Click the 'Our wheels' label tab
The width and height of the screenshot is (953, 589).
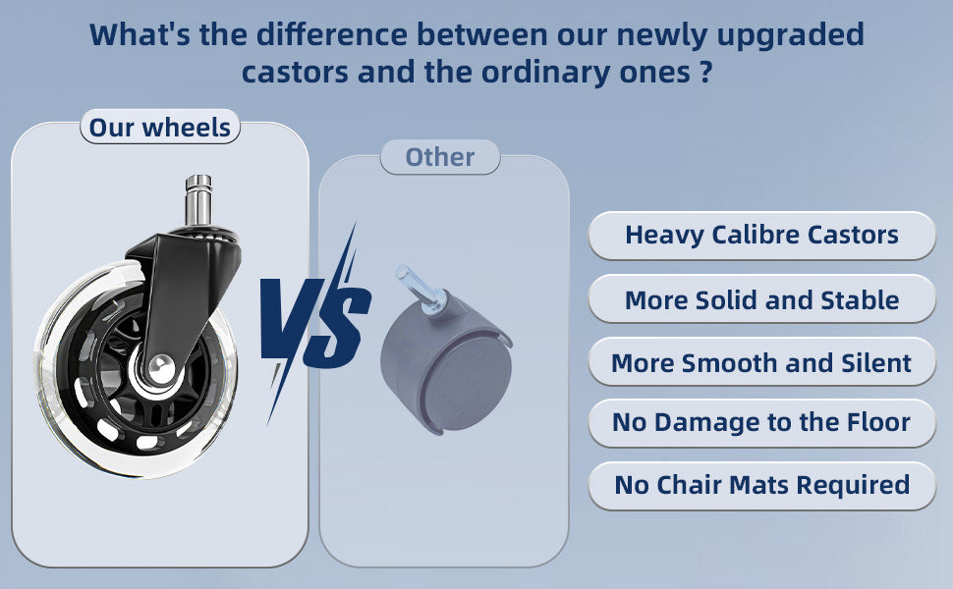pyautogui.click(x=160, y=127)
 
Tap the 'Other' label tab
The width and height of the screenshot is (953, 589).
pyautogui.click(x=440, y=157)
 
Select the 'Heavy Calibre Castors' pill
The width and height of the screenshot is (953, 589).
pyautogui.click(x=761, y=236)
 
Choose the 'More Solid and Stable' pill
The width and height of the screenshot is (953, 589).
pyautogui.click(x=761, y=298)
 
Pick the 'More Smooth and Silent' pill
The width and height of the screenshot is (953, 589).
pyautogui.click(x=761, y=362)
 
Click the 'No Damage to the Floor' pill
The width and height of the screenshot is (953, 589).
pyautogui.click(x=761, y=423)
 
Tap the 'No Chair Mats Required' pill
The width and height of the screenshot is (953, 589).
pyautogui.click(x=761, y=486)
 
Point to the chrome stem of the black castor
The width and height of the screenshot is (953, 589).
pyautogui.click(x=198, y=200)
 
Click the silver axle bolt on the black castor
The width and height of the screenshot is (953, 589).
pyautogui.click(x=160, y=367)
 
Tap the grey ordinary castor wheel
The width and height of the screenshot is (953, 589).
pyautogui.click(x=447, y=361)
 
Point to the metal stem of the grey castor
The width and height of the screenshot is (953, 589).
pyautogui.click(x=420, y=290)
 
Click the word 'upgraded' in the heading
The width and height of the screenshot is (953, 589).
pyautogui.click(x=790, y=35)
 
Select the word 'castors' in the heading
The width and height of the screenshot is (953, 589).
pyautogui.click(x=295, y=73)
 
